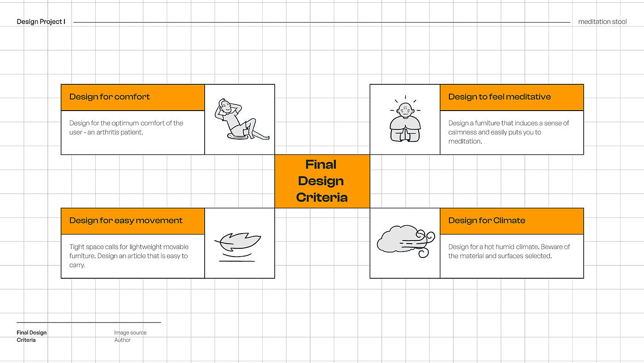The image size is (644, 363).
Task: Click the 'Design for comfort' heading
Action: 109,97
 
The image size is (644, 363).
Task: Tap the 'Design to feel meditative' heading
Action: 499,97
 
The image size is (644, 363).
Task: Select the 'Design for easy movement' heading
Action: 126,220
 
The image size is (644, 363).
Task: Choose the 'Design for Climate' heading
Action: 487,220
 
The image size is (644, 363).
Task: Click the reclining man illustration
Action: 240,119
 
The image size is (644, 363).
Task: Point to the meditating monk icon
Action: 405,120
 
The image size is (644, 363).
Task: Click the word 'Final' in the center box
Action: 321,164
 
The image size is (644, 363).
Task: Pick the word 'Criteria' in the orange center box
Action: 322,198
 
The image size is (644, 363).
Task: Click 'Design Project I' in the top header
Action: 41,22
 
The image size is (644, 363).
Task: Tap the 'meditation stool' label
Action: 602,22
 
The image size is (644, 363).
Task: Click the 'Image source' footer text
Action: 130,333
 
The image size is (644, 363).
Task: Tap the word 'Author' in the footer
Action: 122,340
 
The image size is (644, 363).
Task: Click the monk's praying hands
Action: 405,134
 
